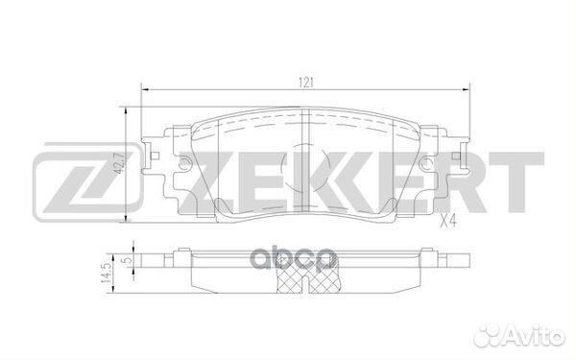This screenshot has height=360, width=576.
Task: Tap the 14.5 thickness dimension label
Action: (117, 273)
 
